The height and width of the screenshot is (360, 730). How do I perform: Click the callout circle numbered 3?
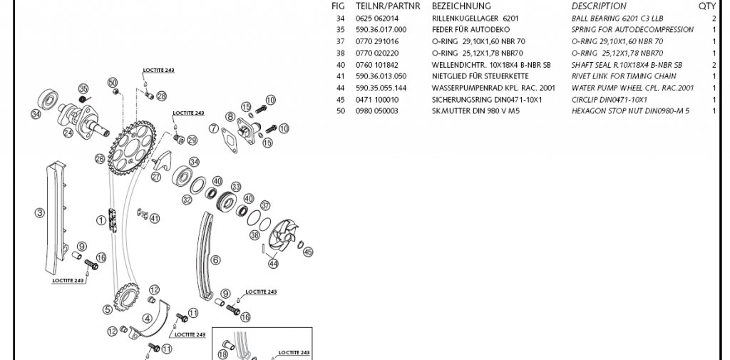pos(40,212)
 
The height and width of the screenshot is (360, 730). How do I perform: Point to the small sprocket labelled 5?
pos(108,309)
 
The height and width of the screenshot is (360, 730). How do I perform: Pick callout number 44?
pos(272,264)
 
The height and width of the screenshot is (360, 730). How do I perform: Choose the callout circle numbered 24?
pos(68,132)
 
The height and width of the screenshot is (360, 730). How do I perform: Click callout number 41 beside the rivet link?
pos(155,218)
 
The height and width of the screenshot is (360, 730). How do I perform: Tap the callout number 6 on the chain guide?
pos(215,260)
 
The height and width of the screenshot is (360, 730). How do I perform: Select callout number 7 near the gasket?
pos(213,129)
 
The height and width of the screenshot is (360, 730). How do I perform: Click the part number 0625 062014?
pos(378,18)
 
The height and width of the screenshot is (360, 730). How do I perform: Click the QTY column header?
pos(706,6)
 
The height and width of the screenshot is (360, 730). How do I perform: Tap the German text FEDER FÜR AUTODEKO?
pos(466,29)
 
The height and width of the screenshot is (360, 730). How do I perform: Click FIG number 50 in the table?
pos(341,111)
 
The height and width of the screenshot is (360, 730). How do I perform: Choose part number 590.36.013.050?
pos(381,76)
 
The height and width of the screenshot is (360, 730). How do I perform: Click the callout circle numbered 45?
pos(308,251)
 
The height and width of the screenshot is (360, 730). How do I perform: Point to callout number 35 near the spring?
pos(83,88)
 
